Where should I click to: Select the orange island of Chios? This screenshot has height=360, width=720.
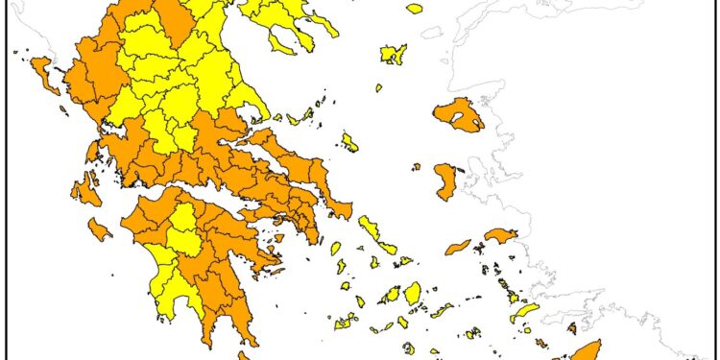(x=445, y=180)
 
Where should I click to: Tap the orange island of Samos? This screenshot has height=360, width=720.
(x=500, y=235)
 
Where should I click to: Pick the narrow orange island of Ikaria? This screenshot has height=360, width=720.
(x=459, y=247)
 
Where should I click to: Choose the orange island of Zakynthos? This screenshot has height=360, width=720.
(x=99, y=229)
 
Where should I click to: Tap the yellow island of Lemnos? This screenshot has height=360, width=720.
(x=393, y=54)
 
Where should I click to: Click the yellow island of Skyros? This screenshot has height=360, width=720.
(x=349, y=142)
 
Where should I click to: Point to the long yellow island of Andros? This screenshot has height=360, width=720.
(x=368, y=228)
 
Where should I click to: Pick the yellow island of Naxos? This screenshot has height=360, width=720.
(x=413, y=292)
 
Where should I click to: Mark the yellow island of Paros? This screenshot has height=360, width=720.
(x=392, y=296)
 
